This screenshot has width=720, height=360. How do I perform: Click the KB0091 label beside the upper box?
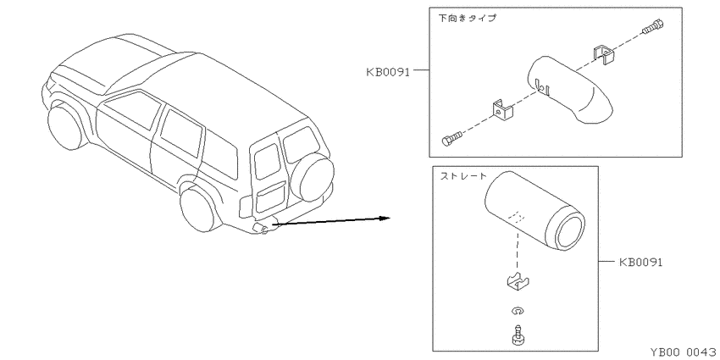[388, 72]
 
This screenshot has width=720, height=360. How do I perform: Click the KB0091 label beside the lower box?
[640, 263]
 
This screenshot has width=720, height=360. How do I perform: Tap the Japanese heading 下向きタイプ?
[467, 19]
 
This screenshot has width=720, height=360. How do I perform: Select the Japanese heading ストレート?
[463, 176]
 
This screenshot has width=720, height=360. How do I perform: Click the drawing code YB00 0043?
[683, 352]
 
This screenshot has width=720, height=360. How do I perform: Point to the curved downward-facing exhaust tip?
[568, 90]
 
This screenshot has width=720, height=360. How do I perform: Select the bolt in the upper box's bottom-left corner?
[452, 138]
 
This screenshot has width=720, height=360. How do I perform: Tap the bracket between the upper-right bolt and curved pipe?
[603, 55]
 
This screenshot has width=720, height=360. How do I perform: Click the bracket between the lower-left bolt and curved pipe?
[502, 109]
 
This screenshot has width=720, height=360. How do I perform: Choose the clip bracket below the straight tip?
[518, 282]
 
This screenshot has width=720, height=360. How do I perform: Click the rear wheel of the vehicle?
[198, 209]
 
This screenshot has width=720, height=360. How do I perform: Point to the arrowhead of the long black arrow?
[384, 218]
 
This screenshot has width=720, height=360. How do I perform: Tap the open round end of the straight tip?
[570, 230]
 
